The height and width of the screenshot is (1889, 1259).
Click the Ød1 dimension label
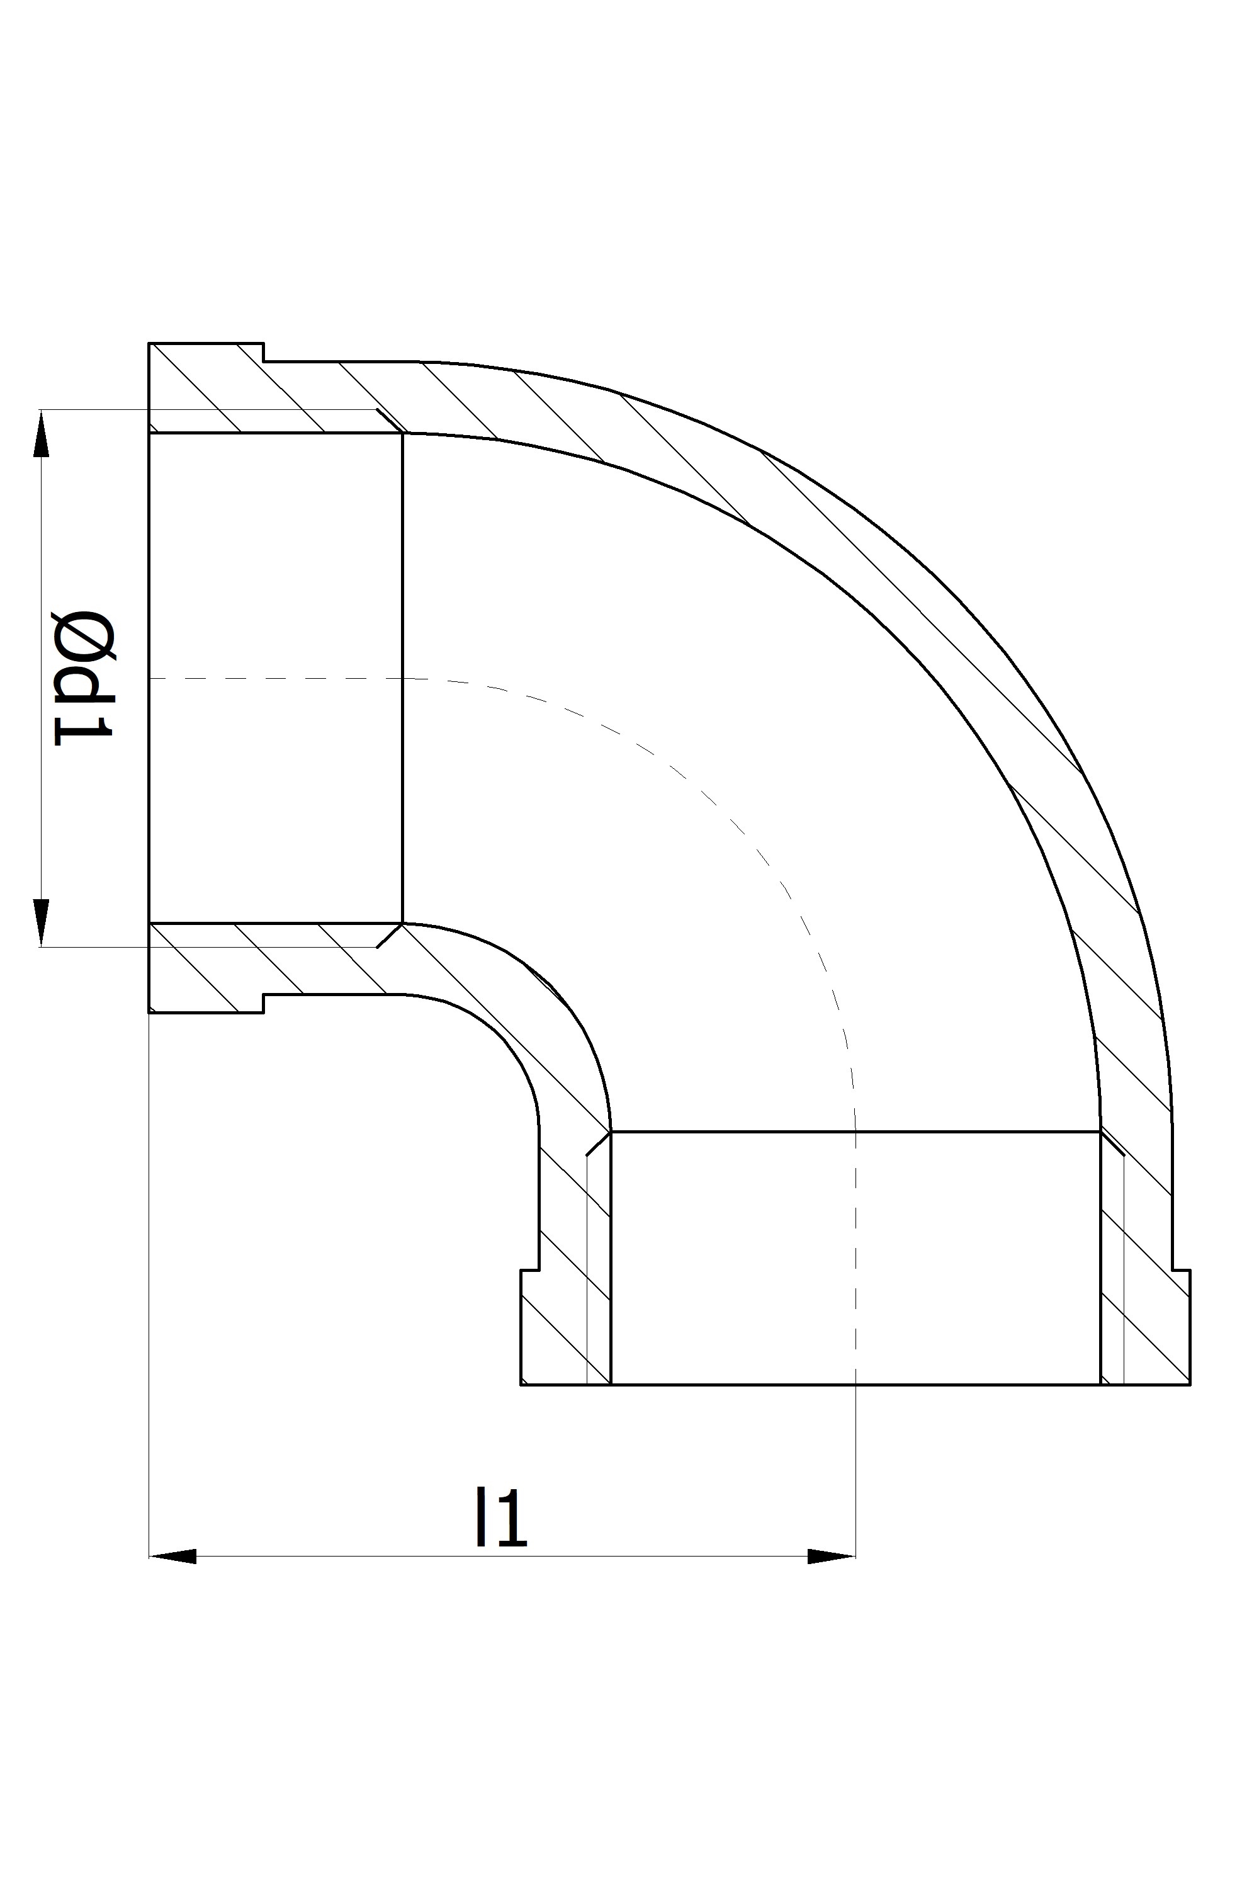84,676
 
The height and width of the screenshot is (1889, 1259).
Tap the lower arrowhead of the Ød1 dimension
41,923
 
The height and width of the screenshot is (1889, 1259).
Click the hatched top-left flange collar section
206,388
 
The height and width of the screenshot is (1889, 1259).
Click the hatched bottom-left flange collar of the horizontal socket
206,968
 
